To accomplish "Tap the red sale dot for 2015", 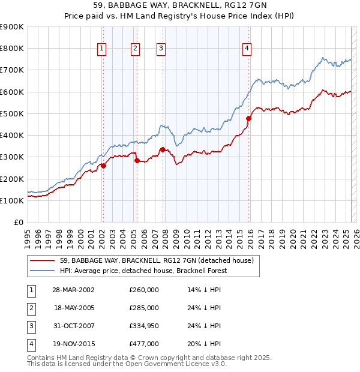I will (x=248, y=118).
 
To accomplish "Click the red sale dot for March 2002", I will (x=103, y=166).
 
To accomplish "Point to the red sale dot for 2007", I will (x=163, y=149).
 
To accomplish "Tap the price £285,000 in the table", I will (x=144, y=308).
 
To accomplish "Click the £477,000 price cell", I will (x=144, y=344).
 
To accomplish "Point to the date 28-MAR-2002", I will (x=74, y=290).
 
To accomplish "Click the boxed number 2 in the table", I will (x=30, y=308).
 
